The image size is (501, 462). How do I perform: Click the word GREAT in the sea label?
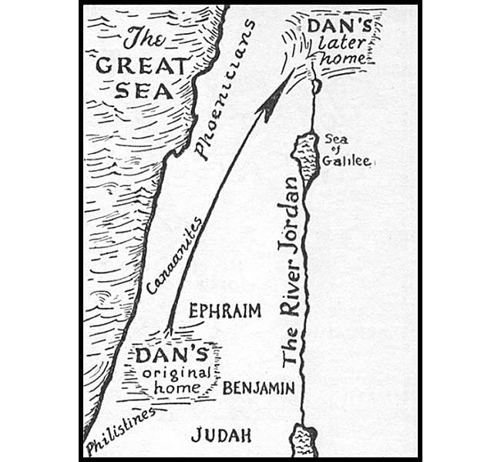pyautogui.click(x=142, y=65)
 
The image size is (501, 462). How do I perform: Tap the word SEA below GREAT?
pyautogui.click(x=146, y=92)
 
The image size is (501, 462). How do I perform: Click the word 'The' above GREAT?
pyautogui.click(x=146, y=38)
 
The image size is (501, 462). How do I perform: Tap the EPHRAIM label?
pyautogui.click(x=224, y=311)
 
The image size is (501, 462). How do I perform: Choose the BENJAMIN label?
pyautogui.click(x=258, y=389)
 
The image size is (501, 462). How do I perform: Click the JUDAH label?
pyautogui.click(x=221, y=435)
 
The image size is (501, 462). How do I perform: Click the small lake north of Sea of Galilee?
pyautogui.click(x=316, y=85)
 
